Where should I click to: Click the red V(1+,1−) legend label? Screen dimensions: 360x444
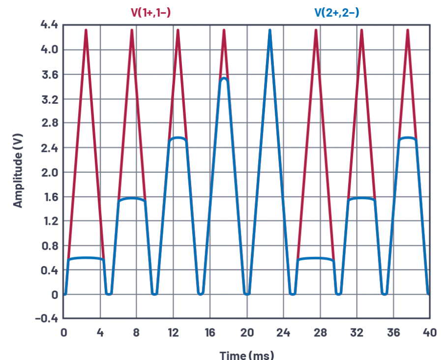point(150,12)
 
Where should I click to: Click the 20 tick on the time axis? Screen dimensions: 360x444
point(247,333)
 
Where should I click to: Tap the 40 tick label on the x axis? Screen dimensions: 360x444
point(429,333)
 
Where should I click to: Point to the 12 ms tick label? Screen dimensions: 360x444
point(173,333)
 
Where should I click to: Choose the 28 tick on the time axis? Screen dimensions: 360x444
point(320,333)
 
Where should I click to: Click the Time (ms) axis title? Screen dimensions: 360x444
point(246,354)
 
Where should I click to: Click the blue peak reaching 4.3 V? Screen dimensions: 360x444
point(270,31)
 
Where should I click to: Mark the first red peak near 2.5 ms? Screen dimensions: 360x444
point(87,30)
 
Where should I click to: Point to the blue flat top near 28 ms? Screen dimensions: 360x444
point(315,258)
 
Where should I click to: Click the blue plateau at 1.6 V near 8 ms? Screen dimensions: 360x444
point(132,198)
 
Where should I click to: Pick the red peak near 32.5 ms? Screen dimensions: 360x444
point(361,30)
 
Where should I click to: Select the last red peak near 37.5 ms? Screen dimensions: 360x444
point(408,30)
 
